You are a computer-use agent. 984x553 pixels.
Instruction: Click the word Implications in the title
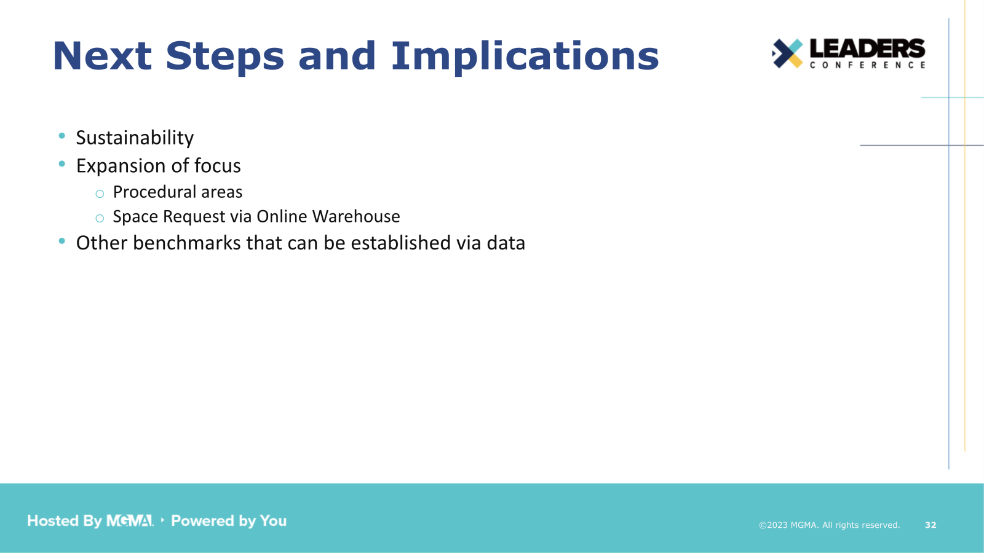[x=525, y=57]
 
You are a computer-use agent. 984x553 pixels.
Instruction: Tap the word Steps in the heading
[x=225, y=57]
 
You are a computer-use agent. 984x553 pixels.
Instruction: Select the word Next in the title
[x=102, y=57]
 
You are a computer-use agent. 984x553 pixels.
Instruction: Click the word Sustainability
[x=135, y=138]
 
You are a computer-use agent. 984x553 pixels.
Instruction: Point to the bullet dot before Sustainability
[x=61, y=136]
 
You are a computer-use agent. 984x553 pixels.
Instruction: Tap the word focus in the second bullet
[x=217, y=166]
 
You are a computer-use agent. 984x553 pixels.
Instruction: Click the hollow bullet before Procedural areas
[x=100, y=194]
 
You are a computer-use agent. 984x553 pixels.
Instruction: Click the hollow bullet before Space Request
[x=100, y=218]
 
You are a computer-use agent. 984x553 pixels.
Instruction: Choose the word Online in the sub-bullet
[x=282, y=216]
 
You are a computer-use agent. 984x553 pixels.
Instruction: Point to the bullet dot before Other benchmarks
[x=61, y=241]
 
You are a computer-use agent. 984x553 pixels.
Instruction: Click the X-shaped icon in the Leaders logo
[x=787, y=53]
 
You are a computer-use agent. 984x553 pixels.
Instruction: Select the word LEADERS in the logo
[x=867, y=49]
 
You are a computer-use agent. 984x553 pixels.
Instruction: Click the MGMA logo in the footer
[x=130, y=521]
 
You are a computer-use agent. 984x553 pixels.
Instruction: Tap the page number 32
[x=930, y=525]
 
